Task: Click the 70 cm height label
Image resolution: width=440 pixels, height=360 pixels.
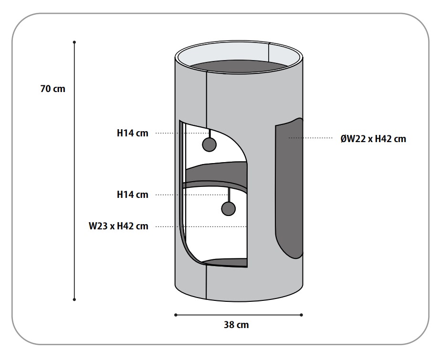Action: pyautogui.click(x=52, y=89)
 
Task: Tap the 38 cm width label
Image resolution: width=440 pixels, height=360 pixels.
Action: pyautogui.click(x=236, y=325)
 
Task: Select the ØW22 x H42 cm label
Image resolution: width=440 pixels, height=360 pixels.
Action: pyautogui.click(x=373, y=139)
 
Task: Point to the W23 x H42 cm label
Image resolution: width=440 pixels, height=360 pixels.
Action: pyautogui.click(x=118, y=226)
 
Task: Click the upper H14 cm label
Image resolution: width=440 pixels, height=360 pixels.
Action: pyautogui.click(x=133, y=134)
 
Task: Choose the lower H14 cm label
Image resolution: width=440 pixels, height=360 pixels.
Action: pyautogui.click(x=133, y=195)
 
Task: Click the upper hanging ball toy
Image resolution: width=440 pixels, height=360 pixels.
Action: pyautogui.click(x=209, y=144)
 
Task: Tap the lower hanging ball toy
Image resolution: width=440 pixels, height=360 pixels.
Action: pyautogui.click(x=229, y=208)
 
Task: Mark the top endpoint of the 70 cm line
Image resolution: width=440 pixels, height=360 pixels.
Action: pyautogui.click(x=74, y=42)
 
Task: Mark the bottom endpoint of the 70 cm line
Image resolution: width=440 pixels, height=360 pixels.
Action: pyautogui.click(x=74, y=299)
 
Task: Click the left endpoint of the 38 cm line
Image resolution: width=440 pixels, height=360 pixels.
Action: pyautogui.click(x=176, y=315)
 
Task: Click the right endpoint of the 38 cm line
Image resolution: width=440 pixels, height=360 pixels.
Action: pyautogui.click(x=302, y=315)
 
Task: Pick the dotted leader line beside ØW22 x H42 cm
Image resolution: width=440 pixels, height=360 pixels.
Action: pyautogui.click(x=310, y=138)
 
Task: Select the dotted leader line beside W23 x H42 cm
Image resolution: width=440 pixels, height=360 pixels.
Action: pyautogui.click(x=200, y=226)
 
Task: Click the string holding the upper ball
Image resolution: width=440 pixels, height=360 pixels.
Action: pyautogui.click(x=209, y=132)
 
